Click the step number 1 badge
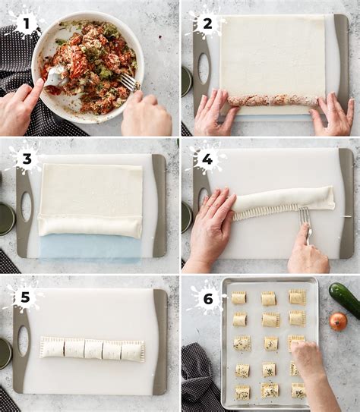26,24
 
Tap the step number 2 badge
207,24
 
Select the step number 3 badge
27,159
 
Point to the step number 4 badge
207,159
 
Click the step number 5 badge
25,297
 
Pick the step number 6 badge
208,299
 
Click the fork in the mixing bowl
128,81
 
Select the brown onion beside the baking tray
338,321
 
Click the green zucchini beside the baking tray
346,296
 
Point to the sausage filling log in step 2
273,101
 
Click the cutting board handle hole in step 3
26,207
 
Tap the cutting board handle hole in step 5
23,341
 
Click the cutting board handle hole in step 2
204,69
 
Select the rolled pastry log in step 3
90,226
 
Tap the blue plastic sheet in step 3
90,249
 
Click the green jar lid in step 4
187,217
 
